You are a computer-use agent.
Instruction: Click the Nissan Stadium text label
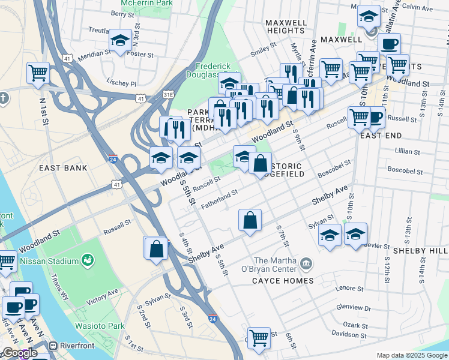(x=49, y=261)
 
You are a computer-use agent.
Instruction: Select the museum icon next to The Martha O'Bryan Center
(x=306, y=262)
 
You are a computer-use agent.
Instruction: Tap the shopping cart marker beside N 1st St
(x=38, y=73)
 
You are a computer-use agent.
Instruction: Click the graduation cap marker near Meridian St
(x=120, y=40)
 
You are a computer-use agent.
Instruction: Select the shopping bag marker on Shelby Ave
(x=250, y=220)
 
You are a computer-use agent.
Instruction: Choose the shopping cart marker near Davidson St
(x=258, y=337)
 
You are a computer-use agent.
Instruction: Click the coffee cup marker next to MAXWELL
(x=389, y=44)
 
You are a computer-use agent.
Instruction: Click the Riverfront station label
(x=76, y=346)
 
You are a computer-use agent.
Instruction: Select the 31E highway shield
(x=170, y=95)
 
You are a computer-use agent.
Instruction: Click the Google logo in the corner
(x=20, y=353)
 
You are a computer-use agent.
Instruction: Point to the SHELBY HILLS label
(x=420, y=250)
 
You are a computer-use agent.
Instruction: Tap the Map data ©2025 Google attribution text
(x=411, y=355)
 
